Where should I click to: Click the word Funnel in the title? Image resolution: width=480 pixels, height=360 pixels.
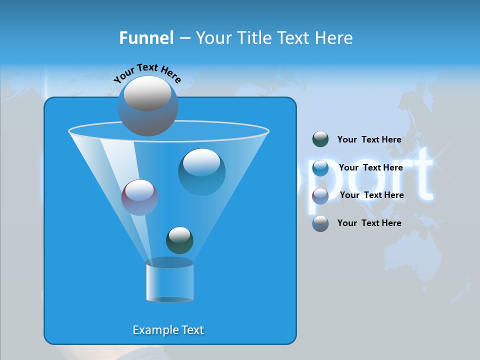pos(146,38)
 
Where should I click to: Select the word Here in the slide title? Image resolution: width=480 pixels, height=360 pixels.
pos(334,38)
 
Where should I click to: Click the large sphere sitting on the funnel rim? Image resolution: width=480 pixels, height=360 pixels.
pos(147,105)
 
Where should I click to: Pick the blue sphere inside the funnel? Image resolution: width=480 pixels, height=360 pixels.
pos(201,171)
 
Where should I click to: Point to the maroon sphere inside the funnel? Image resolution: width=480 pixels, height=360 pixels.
pos(139,197)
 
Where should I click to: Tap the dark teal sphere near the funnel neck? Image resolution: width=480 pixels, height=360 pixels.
pos(179,240)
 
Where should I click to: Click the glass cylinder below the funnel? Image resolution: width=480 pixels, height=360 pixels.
pos(169,281)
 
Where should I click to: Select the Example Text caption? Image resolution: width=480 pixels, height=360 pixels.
pos(168,330)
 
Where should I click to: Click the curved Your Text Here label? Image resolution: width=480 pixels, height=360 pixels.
pos(147,72)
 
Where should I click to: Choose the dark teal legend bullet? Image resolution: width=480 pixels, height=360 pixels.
pos(320,139)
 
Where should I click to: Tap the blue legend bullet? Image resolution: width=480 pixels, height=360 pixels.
pos(320,168)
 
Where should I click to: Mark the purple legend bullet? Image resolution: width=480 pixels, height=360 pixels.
pos(320,196)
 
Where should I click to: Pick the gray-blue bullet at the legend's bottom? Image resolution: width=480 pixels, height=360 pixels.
pos(320,223)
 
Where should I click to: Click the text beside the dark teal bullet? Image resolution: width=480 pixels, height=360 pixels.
pos(369,140)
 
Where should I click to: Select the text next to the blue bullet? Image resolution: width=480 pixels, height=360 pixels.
pos(370,168)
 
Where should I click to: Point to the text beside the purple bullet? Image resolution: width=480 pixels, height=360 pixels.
pos(371,195)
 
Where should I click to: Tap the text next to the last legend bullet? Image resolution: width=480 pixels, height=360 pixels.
pos(369,223)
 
